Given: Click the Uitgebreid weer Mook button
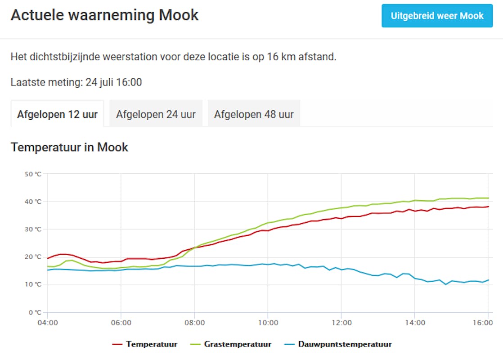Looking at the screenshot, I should [437, 16].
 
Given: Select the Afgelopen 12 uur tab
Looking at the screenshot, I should [57, 114].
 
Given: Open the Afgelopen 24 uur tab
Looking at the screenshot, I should [156, 114].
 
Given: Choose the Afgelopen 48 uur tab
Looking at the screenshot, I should [254, 114].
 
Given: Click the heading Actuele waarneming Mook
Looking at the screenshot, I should [104, 15].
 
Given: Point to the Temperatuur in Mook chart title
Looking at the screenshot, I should [69, 147].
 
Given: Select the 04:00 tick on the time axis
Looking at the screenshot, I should [47, 323].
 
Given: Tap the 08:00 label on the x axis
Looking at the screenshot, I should [194, 323].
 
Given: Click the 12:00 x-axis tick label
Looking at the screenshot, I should [341, 323].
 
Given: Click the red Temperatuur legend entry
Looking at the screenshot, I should [145, 344].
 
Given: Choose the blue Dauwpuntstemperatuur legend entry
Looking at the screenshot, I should [338, 344].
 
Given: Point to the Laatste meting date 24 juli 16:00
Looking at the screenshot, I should [113, 82].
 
